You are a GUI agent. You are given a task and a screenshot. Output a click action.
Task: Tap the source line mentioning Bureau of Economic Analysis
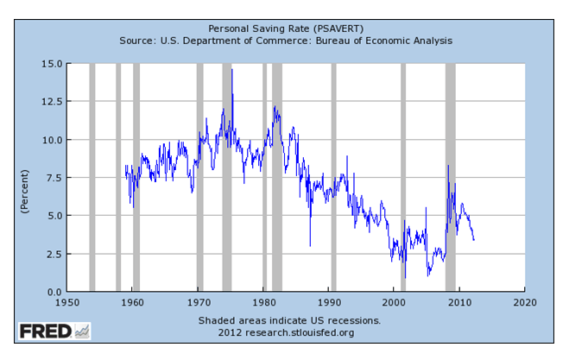tap(284, 41)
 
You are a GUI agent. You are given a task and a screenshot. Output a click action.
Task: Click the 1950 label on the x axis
tap(66, 302)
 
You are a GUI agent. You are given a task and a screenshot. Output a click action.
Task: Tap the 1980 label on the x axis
tap(263, 302)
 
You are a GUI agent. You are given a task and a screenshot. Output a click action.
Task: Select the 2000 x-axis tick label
tap(394, 302)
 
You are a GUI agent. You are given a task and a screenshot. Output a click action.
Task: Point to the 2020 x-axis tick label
tap(524, 302)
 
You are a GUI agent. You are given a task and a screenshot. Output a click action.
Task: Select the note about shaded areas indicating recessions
tap(284, 319)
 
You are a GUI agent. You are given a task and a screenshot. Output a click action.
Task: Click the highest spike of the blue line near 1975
tap(231, 70)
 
